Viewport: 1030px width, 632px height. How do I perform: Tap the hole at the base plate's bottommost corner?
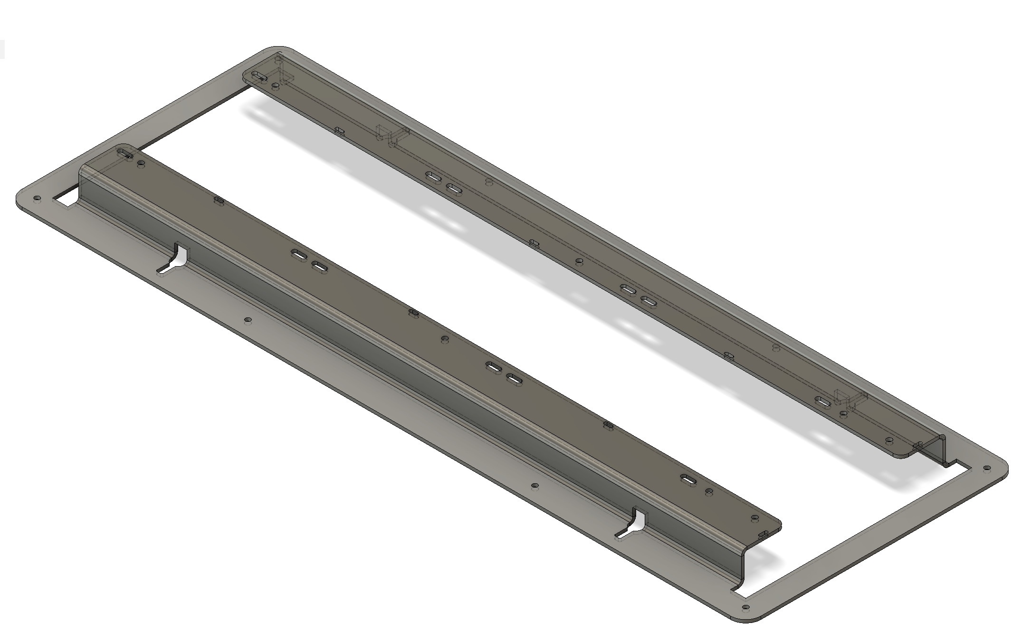click(745, 607)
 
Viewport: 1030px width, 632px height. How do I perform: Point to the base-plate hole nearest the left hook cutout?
click(247, 320)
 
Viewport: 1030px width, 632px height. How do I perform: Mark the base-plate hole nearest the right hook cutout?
click(535, 486)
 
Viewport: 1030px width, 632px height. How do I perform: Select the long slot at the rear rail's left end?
click(259, 76)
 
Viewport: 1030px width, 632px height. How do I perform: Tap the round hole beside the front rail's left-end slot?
click(141, 164)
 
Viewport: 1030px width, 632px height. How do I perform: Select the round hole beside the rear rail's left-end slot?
click(275, 86)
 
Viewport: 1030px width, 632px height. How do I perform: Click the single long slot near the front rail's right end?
click(688, 479)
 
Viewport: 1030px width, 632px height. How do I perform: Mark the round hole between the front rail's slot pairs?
click(445, 339)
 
